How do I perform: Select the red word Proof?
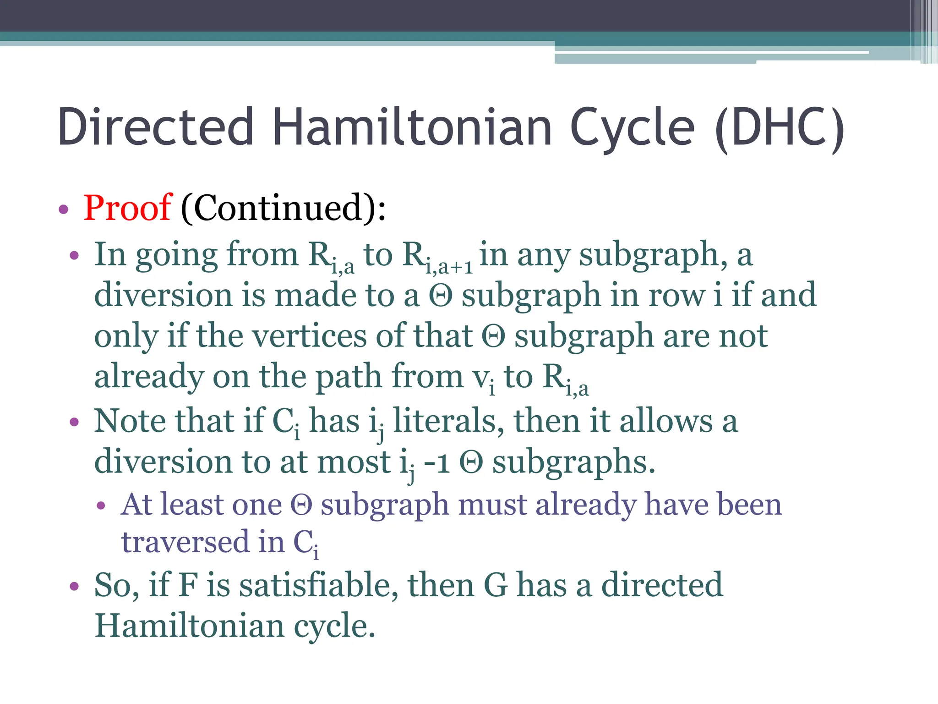pos(128,208)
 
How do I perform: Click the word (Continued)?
pos(284,208)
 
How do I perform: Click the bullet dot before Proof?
pos(64,210)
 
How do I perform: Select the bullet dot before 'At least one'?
pos(101,506)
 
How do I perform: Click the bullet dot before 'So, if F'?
pos(74,586)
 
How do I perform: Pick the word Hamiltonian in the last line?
pos(189,626)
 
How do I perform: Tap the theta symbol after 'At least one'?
pos(301,506)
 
